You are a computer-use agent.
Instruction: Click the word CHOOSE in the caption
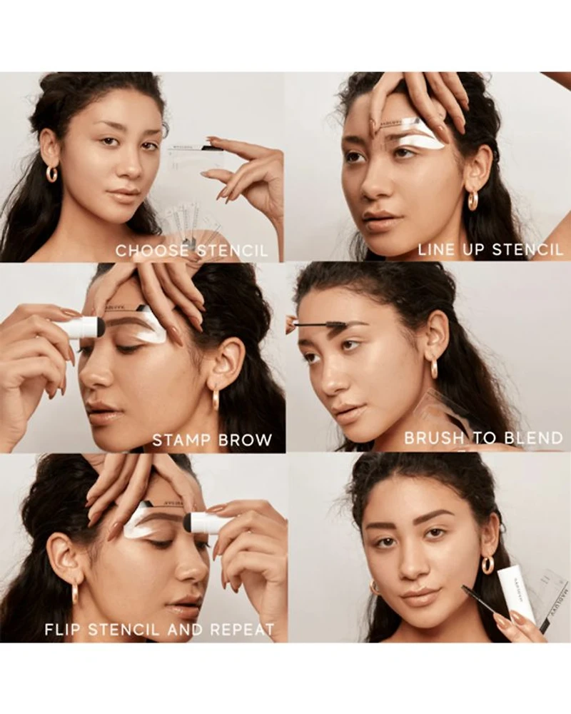click(x=152, y=250)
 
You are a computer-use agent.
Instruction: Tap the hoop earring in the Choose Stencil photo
click(x=53, y=174)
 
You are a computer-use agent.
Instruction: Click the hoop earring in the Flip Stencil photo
click(x=75, y=592)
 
